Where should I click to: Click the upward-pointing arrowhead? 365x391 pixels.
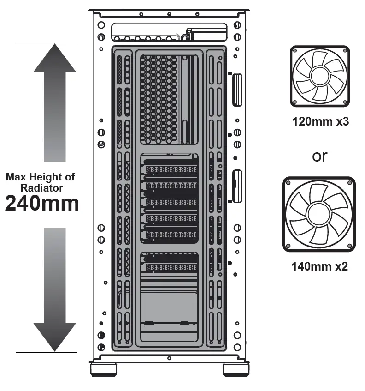(54, 59)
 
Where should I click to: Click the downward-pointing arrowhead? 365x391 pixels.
(54, 336)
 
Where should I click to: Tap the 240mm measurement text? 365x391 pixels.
(42, 203)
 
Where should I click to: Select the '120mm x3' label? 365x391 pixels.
(320, 122)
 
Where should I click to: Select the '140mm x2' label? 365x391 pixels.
(319, 266)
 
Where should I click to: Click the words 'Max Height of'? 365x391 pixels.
(40, 177)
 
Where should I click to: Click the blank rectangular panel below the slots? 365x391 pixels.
(169, 302)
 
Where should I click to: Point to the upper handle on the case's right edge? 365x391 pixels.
(237, 89)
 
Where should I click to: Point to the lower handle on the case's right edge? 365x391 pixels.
(237, 186)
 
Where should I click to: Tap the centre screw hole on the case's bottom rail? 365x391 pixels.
(169, 358)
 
